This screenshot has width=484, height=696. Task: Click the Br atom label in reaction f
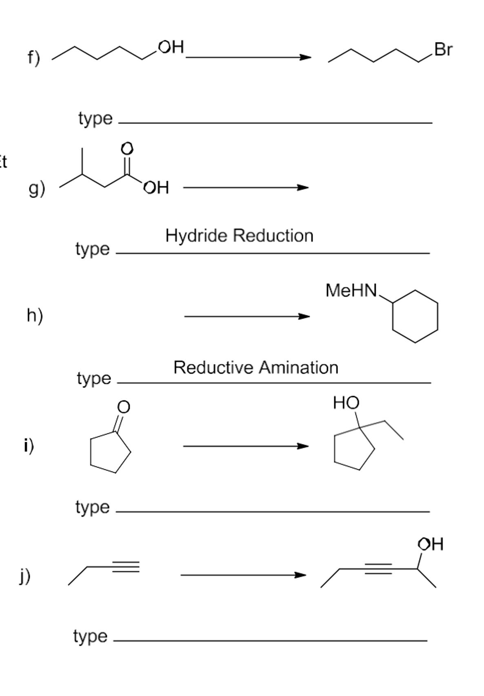443,49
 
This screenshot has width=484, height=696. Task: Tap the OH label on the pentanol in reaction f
171,47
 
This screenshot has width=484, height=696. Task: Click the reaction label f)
34,57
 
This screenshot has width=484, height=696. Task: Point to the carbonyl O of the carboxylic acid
127,149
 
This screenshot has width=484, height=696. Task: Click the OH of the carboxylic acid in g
156,188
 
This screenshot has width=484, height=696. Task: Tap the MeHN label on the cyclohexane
351,291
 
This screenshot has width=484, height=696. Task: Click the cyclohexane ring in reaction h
415,316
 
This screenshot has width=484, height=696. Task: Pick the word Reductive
213,367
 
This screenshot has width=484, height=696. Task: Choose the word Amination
298,367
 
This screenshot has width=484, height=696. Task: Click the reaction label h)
35,315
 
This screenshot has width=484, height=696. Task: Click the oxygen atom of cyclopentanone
123,407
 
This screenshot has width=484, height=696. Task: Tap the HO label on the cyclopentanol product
346,403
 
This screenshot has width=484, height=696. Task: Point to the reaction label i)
29,445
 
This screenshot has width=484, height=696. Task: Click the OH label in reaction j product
430,544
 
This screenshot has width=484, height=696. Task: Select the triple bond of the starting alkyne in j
126,567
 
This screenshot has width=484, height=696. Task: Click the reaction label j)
25,576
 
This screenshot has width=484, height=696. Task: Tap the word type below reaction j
90,636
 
